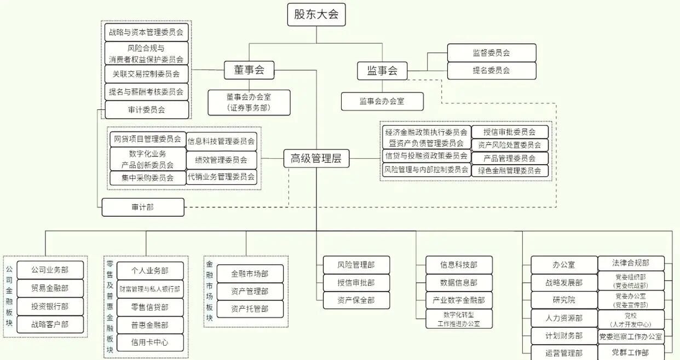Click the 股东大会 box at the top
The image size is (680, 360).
pos(316,14)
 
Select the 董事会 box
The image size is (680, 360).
pos(249,69)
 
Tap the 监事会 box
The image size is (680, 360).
pos(382,71)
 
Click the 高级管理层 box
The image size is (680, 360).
pos(316,159)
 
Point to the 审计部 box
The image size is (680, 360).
pos(143,207)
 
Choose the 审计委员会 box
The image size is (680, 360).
pos(147,109)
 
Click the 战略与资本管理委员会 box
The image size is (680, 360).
pos(147,32)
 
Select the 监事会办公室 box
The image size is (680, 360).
pos(382,101)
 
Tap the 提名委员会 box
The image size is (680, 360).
pos(491,71)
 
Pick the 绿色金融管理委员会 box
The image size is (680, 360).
pos(510,171)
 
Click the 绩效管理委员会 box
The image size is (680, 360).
pos(221,160)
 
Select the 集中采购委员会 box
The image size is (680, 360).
pos(147,178)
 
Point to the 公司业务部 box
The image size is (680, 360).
pos(50,270)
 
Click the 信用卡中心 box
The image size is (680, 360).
pos(149,342)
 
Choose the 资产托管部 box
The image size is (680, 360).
pos(250,309)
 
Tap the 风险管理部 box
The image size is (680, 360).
pos(356,265)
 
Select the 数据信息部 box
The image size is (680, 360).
pos(459,282)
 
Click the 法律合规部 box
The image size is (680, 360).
pos(630,263)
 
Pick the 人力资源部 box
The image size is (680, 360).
pos(564,318)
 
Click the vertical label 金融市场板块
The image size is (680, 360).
pos(209,291)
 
